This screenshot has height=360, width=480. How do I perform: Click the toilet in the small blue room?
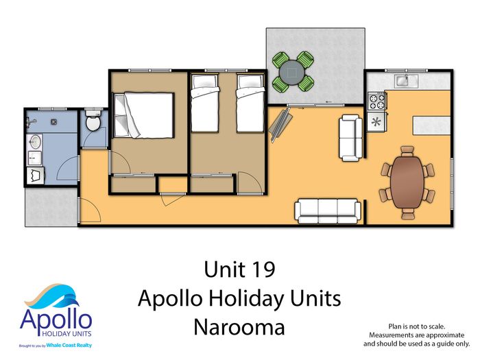93,120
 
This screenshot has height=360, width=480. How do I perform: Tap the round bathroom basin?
36,142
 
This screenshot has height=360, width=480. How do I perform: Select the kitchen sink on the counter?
406,80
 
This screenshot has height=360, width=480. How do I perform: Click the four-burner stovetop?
376,101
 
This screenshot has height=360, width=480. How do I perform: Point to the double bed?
143,115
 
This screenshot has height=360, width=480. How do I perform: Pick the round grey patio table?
291,73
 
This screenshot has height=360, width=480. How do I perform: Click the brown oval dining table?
407,182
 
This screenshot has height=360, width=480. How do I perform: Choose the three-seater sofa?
328,211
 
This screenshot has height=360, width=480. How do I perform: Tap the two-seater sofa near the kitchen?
351,138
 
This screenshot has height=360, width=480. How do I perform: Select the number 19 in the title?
264,269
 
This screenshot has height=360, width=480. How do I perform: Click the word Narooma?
239,327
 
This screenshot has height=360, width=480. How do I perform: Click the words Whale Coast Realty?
69,346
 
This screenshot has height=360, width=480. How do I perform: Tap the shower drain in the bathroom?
54,122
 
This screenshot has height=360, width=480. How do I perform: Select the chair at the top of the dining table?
407,151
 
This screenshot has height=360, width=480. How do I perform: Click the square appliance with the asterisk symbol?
376,122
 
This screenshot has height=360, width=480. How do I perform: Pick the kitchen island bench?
431,125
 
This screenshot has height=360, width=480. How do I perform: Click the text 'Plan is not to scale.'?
417,326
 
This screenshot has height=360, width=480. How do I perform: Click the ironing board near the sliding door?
280,125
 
